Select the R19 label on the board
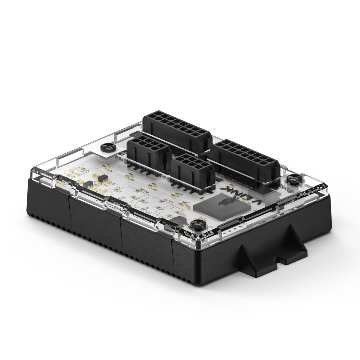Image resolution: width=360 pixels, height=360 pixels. click(146, 191)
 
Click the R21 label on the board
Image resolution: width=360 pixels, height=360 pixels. click(171, 201)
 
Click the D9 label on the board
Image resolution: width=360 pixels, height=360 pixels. click(132, 179)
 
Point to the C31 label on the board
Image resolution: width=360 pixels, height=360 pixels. click(148, 213)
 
